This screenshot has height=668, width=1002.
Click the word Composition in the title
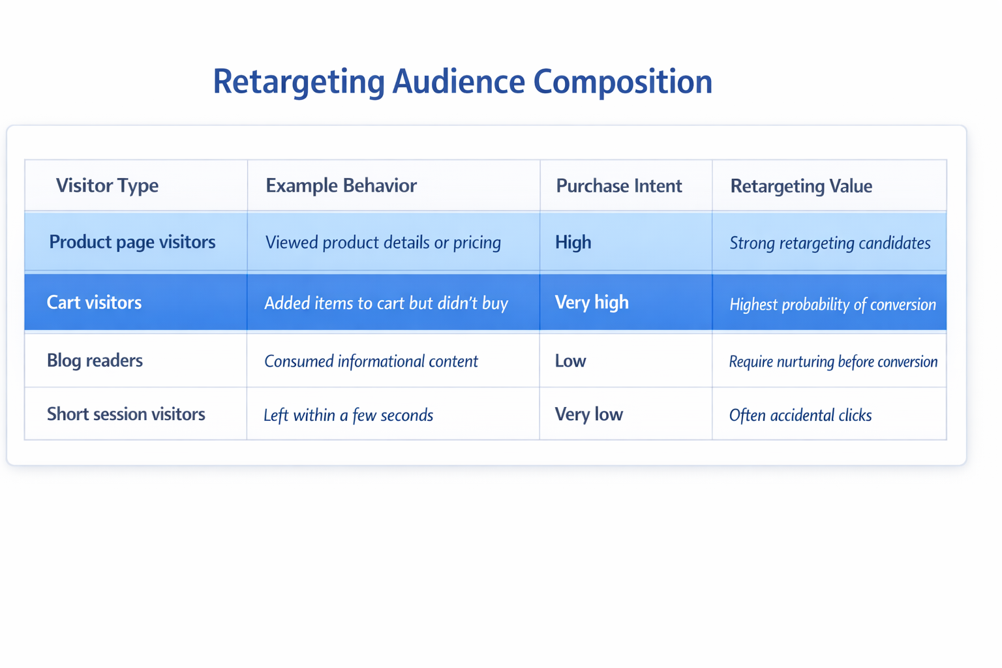pos(622,82)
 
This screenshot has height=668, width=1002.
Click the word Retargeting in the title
pos(299,82)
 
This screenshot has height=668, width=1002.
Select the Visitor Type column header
pos(107,185)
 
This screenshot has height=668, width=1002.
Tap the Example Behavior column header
pos(341,185)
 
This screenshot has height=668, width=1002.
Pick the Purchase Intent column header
pos(618,186)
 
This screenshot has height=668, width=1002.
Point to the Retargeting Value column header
pos(800,186)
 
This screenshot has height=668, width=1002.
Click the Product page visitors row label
pos(132,242)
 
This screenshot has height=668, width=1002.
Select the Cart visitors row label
pos(94,302)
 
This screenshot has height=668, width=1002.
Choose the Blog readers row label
pos(95,360)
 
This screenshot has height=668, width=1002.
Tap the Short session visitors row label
pos(126,414)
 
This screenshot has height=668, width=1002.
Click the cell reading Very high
pos(591,302)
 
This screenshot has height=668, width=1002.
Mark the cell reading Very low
pos(588,414)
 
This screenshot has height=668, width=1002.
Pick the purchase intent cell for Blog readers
pos(570,361)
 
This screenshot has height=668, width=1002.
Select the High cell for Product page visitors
pos(573,242)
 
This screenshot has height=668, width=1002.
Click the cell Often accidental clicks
pos(800,415)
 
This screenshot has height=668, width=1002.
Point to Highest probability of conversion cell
pos(832,304)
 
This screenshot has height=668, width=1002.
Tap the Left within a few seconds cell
pos(348,415)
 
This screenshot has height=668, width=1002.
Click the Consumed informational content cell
pos(371,361)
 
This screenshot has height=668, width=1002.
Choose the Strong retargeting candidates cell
pos(829,243)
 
